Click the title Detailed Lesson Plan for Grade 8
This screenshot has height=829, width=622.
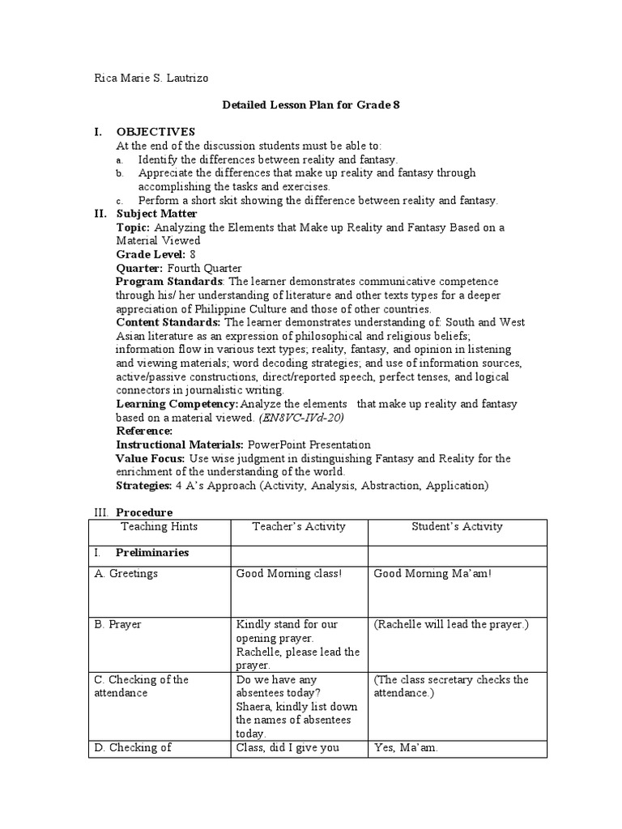[311, 105]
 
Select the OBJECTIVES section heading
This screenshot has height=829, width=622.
[155, 132]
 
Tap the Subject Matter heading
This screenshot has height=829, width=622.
[156, 214]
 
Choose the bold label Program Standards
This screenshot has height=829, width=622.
[170, 281]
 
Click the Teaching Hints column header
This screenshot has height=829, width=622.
[159, 526]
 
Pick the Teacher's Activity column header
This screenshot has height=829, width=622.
[299, 526]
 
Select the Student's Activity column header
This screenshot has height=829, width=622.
[458, 526]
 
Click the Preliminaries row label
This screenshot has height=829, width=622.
[152, 553]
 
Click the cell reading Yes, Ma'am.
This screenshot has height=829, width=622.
[406, 748]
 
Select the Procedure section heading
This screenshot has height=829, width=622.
[144, 512]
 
